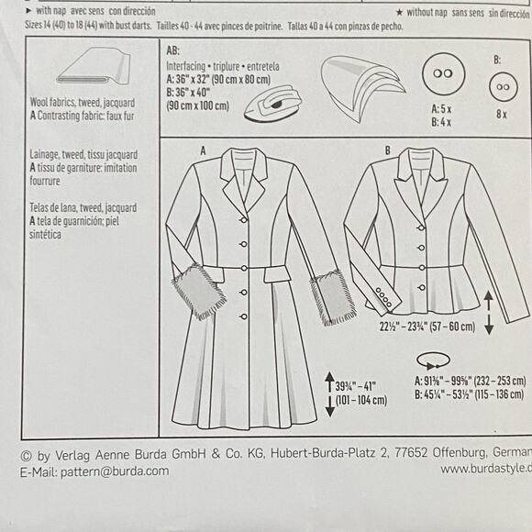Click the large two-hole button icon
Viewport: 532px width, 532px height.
[x=444, y=76]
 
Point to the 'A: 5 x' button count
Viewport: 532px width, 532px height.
[x=444, y=109]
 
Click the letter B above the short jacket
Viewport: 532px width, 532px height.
[x=387, y=149]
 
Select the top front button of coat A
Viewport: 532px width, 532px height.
[x=242, y=219]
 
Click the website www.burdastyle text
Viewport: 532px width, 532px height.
[x=484, y=469]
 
